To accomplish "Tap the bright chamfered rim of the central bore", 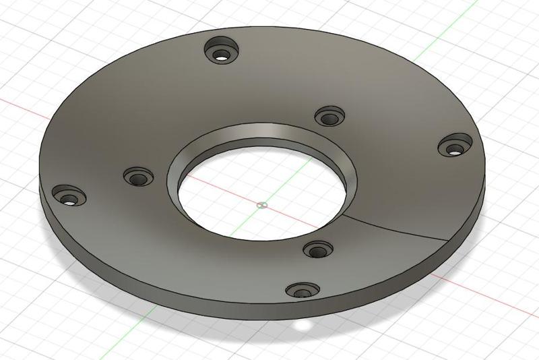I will coord(269,131).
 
